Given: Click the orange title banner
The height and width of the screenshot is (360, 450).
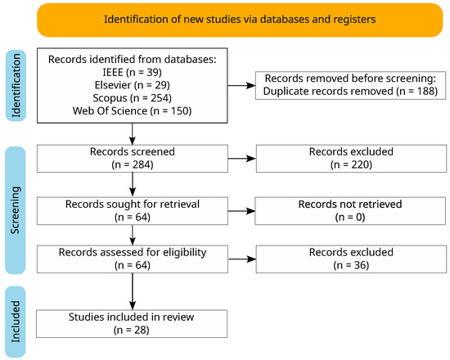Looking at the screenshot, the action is (x=240, y=20).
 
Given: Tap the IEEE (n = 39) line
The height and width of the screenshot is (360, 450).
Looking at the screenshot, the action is (x=133, y=72).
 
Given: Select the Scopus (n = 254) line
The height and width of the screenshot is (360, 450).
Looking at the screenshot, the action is (x=133, y=98).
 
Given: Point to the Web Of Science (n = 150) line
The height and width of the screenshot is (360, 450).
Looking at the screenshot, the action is (x=133, y=110).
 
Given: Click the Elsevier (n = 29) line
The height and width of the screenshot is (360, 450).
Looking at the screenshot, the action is (x=133, y=85).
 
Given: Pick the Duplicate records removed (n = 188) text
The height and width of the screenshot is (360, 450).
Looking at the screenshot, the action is (x=350, y=92).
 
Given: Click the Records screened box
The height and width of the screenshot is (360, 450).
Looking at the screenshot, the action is (x=133, y=159).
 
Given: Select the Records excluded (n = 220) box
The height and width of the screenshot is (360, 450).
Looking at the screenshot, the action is (x=351, y=159).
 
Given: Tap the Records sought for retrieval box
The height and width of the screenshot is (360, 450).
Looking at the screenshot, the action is (x=133, y=211).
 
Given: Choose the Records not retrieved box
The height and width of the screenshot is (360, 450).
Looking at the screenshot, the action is (x=350, y=211).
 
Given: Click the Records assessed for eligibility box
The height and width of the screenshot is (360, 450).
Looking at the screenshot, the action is (x=133, y=259).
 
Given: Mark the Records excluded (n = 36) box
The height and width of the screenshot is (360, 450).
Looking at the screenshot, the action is (x=351, y=259).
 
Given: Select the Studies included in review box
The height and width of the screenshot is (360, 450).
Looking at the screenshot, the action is (x=132, y=323).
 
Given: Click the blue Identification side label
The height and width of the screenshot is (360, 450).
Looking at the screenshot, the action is (x=16, y=86).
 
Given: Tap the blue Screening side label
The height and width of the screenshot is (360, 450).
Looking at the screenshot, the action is (x=16, y=210).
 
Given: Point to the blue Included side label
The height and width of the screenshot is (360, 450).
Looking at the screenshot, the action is (x=16, y=322).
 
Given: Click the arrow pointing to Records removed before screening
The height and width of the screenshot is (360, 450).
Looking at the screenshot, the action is (x=241, y=85).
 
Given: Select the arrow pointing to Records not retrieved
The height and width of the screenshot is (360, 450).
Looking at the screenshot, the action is (x=241, y=211).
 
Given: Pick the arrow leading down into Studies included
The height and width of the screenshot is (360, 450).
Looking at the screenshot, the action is (x=133, y=291).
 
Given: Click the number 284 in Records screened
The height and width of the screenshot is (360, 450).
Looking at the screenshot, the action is (x=142, y=164).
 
